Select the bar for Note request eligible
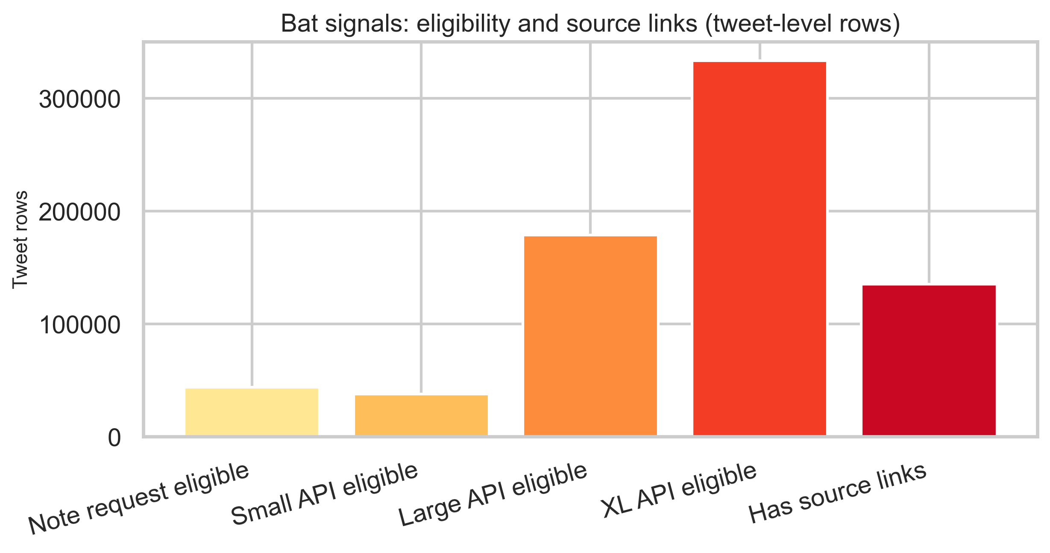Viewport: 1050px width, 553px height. (x=252, y=412)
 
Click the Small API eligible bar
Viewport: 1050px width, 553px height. (x=421, y=415)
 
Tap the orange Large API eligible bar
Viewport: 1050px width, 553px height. (x=590, y=336)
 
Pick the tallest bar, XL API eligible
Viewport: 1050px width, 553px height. (x=760, y=249)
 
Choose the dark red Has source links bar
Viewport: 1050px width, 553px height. (x=929, y=360)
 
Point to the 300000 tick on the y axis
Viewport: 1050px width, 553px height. (x=80, y=100)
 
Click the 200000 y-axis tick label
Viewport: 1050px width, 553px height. (x=80, y=212)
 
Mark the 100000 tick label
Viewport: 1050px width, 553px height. (x=80, y=325)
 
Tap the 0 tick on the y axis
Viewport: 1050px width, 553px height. (x=114, y=438)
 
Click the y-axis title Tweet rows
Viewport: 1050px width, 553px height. (x=20, y=240)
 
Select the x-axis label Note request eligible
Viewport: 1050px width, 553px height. (x=139, y=499)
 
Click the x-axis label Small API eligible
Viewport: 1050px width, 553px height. (x=325, y=494)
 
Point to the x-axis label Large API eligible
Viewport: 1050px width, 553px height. (x=493, y=494)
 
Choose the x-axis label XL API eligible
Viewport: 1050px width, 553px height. (x=679, y=490)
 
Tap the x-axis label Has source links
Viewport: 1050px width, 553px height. (x=838, y=493)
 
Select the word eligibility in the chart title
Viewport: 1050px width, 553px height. (x=463, y=24)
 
